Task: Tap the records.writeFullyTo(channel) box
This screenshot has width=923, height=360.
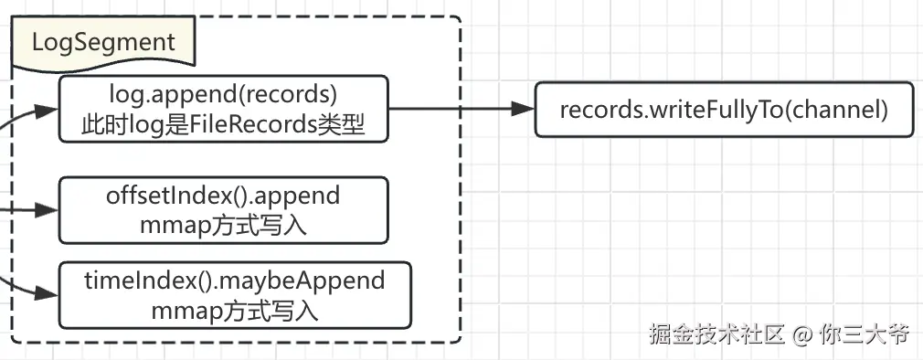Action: (723, 110)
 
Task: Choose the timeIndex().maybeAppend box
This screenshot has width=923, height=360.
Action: (234, 295)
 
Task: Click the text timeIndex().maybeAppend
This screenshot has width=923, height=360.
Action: (234, 280)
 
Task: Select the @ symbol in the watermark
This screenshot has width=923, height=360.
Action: (801, 334)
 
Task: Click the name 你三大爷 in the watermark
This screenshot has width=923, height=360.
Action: (864, 334)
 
